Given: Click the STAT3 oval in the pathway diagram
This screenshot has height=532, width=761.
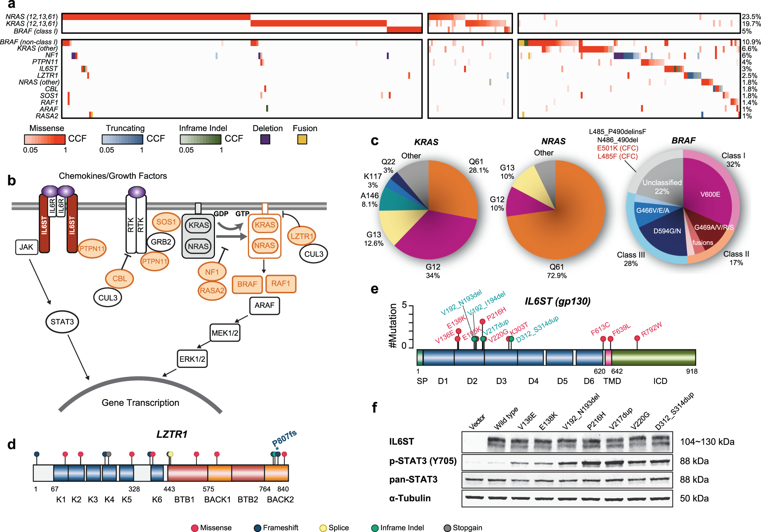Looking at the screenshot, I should click(62, 322).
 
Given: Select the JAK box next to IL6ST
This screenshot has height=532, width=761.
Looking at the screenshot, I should click(26, 247).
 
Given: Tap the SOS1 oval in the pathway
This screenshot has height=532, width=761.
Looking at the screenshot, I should click(166, 222).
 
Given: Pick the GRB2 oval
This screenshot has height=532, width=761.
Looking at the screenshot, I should click(161, 242).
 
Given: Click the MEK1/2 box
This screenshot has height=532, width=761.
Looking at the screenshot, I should click(225, 333).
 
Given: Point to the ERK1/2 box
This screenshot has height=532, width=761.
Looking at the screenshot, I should click(192, 359).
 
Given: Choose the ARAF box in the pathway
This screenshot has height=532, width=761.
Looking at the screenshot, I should click(264, 305).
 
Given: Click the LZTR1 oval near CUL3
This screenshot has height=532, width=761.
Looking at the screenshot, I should click(301, 236).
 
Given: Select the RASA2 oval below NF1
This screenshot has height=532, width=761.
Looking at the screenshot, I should click(212, 290).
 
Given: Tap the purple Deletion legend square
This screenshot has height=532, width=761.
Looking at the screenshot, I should click(265, 139).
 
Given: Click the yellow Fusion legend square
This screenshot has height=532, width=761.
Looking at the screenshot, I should click(302, 139).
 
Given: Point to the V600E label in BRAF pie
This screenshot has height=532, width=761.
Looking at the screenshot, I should click(710, 194).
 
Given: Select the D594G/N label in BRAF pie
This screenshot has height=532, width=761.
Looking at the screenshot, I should click(667, 231).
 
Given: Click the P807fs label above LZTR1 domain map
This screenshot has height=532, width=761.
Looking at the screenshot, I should click(284, 438).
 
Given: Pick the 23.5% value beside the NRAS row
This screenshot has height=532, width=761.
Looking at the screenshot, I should click(751, 17).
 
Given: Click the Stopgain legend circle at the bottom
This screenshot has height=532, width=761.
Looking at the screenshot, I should click(447, 528).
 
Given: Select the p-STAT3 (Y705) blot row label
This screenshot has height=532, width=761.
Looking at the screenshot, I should click(422, 461).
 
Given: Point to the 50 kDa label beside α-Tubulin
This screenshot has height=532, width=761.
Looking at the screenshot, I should click(694, 498).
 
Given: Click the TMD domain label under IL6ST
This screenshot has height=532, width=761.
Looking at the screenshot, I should click(612, 381).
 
